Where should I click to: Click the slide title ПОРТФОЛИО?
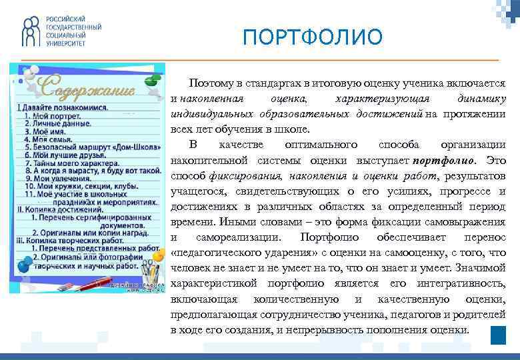click(313, 37)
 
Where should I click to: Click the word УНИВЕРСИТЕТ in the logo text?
click(66, 42)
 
